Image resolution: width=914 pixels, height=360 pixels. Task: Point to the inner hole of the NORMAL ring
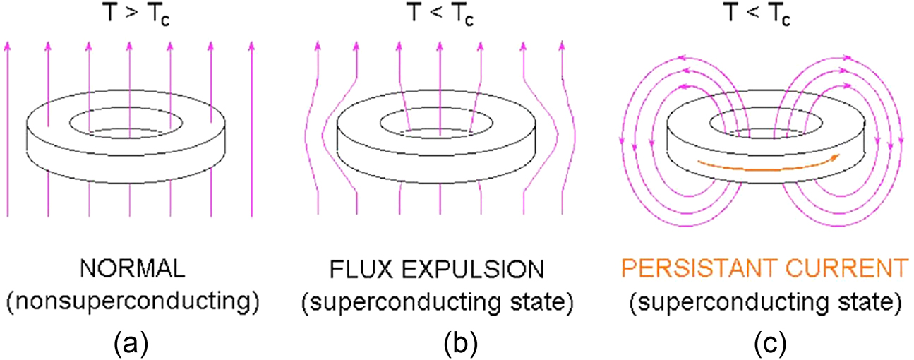tap(129, 121)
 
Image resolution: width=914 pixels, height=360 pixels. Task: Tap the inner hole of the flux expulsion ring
tap(439, 121)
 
